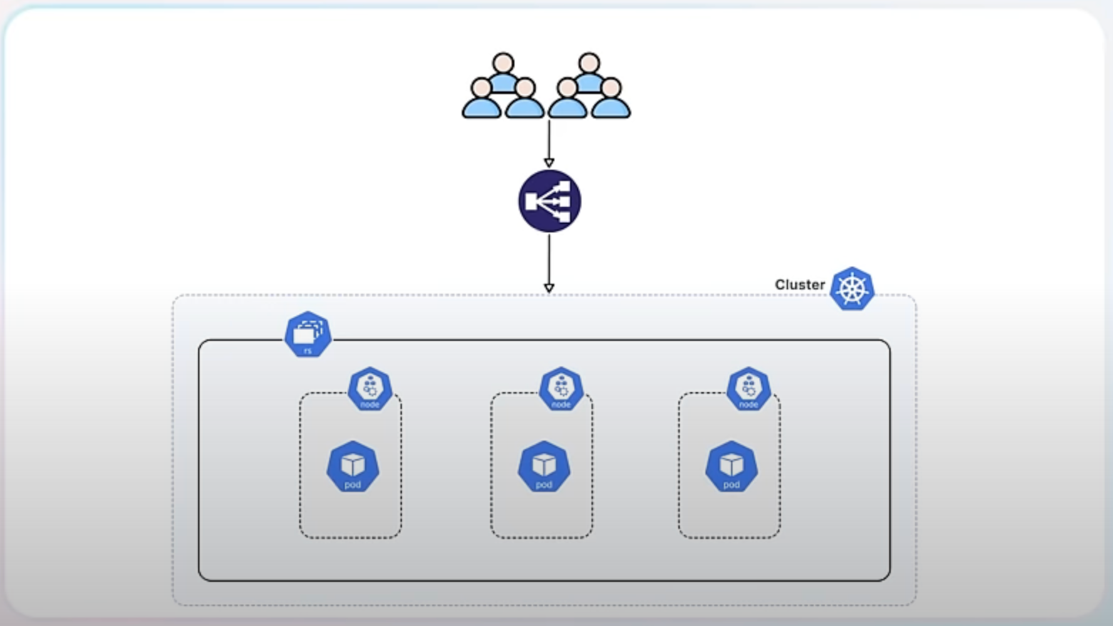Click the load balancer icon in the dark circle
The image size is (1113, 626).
(549, 201)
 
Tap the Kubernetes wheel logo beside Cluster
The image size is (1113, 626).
(852, 289)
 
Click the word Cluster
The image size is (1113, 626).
(799, 284)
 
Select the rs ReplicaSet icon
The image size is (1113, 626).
(308, 334)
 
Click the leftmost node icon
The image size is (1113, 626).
(370, 389)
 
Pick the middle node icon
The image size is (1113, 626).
(561, 389)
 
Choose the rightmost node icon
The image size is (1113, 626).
(748, 389)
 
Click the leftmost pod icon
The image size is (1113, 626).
(353, 467)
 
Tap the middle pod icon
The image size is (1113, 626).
(544, 467)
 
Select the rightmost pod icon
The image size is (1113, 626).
(731, 467)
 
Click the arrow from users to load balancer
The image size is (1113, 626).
(549, 143)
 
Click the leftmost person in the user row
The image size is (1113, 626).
(482, 100)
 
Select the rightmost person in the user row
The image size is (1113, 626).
(611, 100)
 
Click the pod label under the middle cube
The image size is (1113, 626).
(544, 485)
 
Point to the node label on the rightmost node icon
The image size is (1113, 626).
(748, 404)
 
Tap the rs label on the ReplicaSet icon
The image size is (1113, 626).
(308, 350)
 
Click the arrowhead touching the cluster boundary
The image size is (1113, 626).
(549, 288)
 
